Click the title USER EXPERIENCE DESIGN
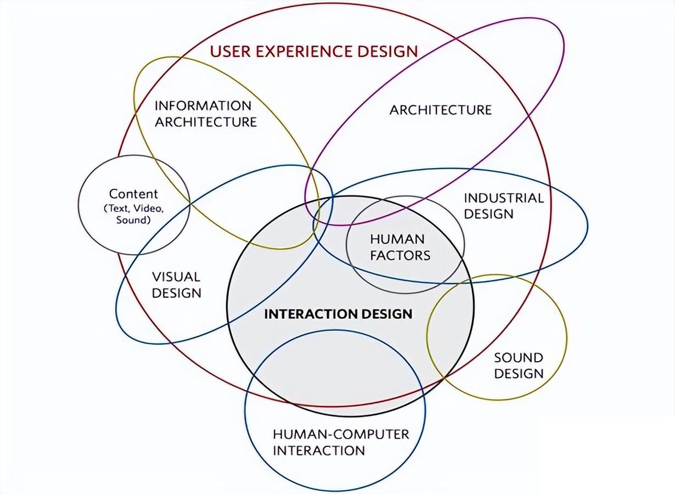click(314, 52)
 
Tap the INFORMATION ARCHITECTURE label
click(205, 114)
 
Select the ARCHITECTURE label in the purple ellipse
click(441, 110)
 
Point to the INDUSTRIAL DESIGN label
click(503, 206)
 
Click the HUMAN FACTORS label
click(400, 247)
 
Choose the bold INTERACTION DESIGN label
click(338, 314)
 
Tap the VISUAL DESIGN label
click(176, 285)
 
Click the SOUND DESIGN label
click(519, 366)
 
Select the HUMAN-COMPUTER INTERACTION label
click(341, 442)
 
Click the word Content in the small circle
click(133, 194)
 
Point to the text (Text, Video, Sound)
click(133, 214)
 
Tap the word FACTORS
click(400, 255)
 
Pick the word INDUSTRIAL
click(504, 198)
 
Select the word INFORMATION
click(203, 105)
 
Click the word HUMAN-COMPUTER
click(341, 434)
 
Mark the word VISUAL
click(176, 277)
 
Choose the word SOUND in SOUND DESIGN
click(519, 358)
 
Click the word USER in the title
click(228, 52)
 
